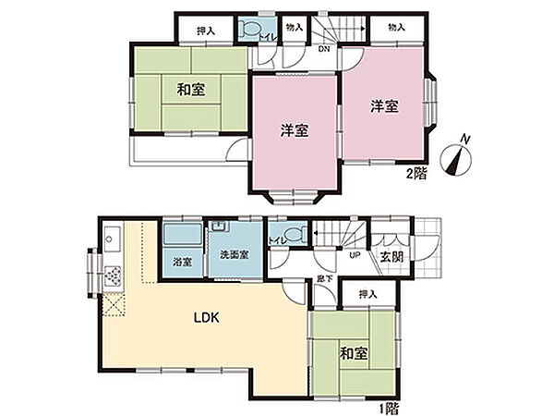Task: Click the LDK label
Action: pos(206,319)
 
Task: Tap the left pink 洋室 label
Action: pos(295,130)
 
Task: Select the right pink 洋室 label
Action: pos(385,106)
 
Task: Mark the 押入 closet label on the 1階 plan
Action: pos(367,294)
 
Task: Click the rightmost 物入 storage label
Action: pos(396,29)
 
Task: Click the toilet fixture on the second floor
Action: pos(247,29)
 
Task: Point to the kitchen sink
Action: pos(112,242)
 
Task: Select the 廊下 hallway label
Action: pos(323,279)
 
